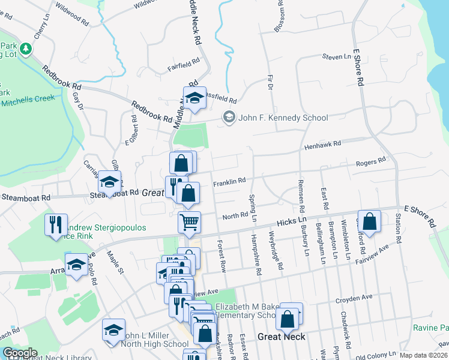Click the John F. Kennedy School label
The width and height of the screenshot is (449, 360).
click(283, 118)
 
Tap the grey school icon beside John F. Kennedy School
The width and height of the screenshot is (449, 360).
click(229, 117)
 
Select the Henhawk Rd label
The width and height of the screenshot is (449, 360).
click(322, 145)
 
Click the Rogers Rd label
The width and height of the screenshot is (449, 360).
click(370, 161)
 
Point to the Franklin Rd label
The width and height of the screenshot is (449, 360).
click(230, 181)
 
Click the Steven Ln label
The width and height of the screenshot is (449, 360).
click(336, 57)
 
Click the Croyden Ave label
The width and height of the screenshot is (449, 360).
click(354, 297)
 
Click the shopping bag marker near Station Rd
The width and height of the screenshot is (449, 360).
click(370, 221)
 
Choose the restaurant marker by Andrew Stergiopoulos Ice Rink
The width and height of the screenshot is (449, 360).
click(56, 225)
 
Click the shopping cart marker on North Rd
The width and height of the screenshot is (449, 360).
click(189, 222)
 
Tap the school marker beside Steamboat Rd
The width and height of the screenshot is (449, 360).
click(109, 181)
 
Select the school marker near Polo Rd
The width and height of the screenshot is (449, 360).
click(77, 264)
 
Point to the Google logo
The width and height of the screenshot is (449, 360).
click(20, 353)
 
